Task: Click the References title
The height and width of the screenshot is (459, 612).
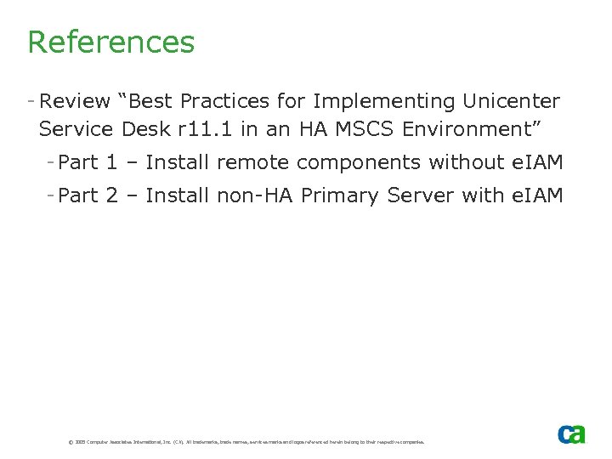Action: pyautogui.click(x=110, y=42)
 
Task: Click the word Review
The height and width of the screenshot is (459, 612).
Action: pyautogui.click(x=75, y=102)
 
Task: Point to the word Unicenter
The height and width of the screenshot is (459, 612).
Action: pyautogui.click(x=511, y=102)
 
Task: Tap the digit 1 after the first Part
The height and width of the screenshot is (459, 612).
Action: pyautogui.click(x=111, y=162)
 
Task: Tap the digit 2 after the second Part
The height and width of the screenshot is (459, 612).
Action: pyautogui.click(x=111, y=196)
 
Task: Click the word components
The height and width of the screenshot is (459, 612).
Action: pyautogui.click(x=355, y=162)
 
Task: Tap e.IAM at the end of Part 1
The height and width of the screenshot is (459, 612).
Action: pyautogui.click(x=536, y=162)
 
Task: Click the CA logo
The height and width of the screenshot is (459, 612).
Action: pyautogui.click(x=571, y=433)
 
